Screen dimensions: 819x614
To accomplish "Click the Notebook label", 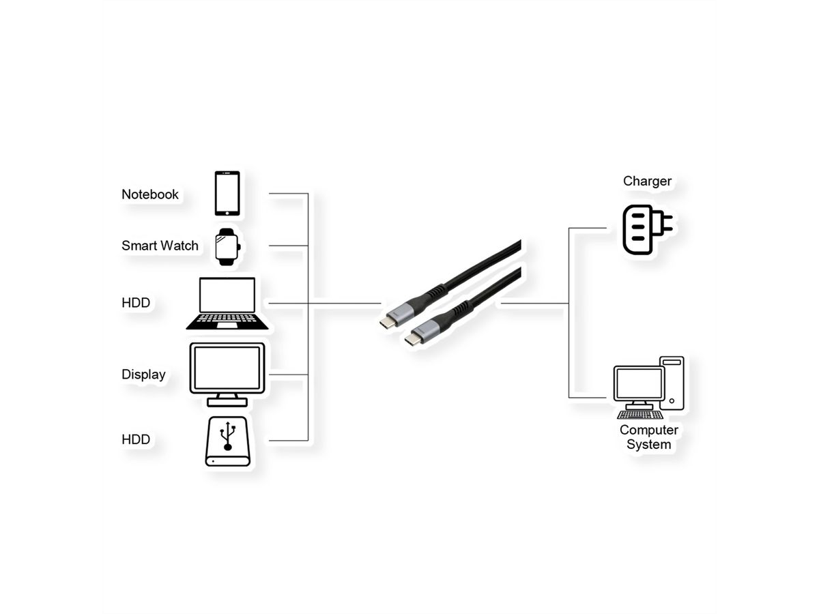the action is coord(149,194).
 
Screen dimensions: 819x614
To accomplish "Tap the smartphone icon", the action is coord(227,193).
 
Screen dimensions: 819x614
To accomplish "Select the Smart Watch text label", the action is coord(160,246).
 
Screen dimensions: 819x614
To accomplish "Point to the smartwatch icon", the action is coord(227,247).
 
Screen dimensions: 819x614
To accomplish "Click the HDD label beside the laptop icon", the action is coord(136,302).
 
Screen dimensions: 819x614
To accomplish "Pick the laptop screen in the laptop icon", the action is coord(227,295).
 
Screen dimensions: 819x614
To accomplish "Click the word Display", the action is coord(143,375).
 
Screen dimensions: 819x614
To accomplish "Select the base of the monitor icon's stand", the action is coord(227,402).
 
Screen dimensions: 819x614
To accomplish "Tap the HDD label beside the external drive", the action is coord(136,439).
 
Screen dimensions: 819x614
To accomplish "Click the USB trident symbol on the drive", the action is coord(227,435).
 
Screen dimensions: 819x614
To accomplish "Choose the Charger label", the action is coord(647,181).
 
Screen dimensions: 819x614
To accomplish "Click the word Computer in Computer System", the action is coord(649,430).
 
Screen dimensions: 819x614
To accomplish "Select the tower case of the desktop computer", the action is coord(672,383).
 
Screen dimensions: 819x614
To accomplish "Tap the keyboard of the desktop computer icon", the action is coord(640,414).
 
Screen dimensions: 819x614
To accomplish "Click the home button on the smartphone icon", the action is coord(227,213).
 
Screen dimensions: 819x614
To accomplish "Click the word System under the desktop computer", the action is coord(649,444).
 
